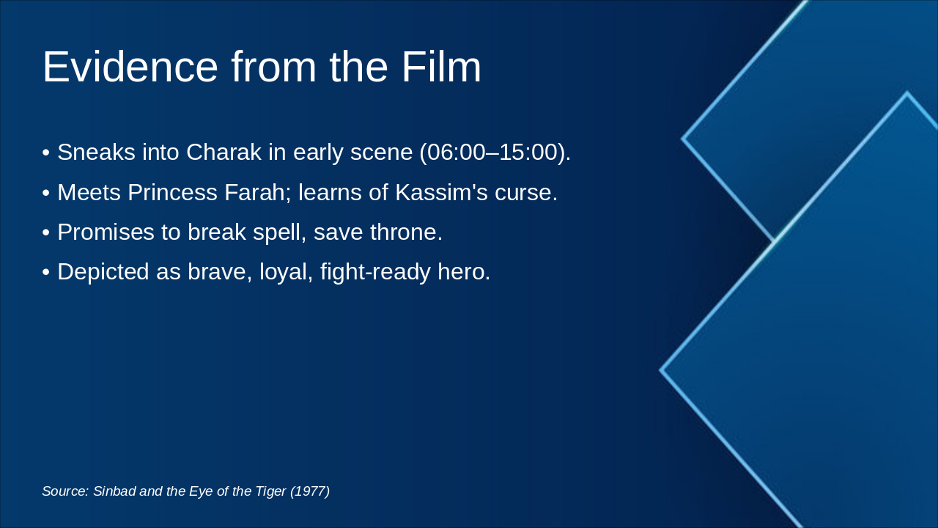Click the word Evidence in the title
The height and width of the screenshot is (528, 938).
coord(130,67)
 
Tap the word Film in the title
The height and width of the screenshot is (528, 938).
coord(441,67)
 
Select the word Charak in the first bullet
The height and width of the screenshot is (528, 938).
coord(224,153)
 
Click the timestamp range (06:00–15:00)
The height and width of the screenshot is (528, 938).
coord(495,153)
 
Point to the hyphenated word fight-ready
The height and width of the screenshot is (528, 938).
coord(375,272)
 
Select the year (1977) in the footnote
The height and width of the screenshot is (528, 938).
coord(310,491)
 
